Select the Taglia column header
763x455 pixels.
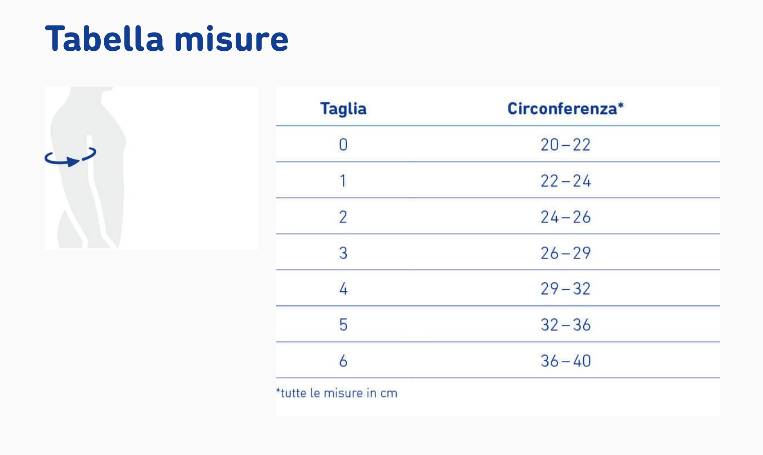[343, 109]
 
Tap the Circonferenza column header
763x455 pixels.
[566, 109]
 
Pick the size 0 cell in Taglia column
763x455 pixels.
[343, 145]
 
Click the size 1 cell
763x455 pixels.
[343, 181]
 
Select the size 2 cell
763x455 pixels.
[343, 217]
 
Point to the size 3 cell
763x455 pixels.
[343, 253]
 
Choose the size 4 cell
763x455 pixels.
[343, 289]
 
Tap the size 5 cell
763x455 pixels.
[343, 325]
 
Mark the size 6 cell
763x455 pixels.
[343, 361]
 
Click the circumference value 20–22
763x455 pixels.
[566, 145]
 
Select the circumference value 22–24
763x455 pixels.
[566, 181]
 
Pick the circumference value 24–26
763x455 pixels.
[566, 217]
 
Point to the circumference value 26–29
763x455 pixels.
[566, 253]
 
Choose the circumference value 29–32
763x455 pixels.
[566, 289]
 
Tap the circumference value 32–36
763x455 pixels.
[566, 325]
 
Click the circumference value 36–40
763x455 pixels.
[566, 361]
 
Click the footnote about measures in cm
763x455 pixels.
[336, 393]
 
